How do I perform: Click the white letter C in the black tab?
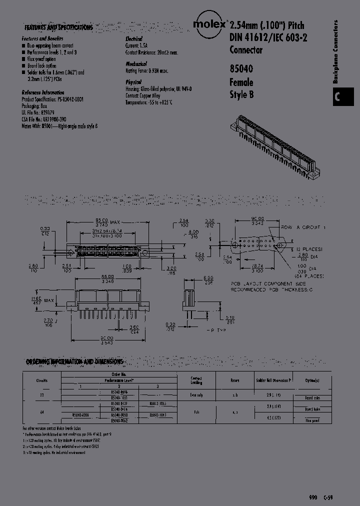337,97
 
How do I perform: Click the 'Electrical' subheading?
134,39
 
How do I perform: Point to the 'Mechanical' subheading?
136,64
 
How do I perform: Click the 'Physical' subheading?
133,81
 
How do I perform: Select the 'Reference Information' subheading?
43,93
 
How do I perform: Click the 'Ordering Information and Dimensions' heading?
74,361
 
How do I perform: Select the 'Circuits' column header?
42,380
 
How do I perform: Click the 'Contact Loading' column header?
196,380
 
